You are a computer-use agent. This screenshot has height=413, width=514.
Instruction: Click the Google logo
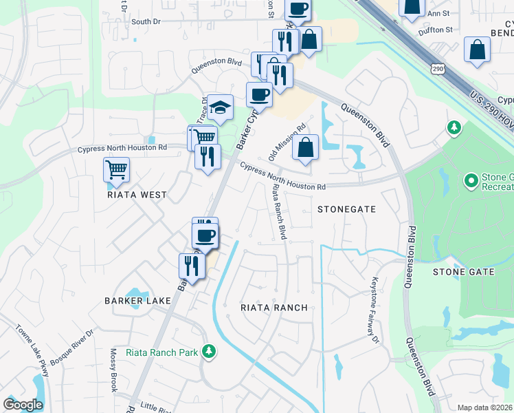click(23, 405)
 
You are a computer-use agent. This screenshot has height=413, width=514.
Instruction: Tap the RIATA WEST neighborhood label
click(137, 195)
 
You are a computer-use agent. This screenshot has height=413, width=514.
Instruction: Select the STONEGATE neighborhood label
click(346, 209)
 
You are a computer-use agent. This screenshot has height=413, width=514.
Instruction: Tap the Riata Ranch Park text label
click(161, 352)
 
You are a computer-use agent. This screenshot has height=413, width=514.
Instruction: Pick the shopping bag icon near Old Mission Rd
click(305, 147)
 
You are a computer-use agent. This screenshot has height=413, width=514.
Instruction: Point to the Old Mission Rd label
click(287, 142)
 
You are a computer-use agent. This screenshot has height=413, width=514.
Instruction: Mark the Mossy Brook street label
click(113, 370)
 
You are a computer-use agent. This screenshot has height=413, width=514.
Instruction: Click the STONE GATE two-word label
click(463, 272)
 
